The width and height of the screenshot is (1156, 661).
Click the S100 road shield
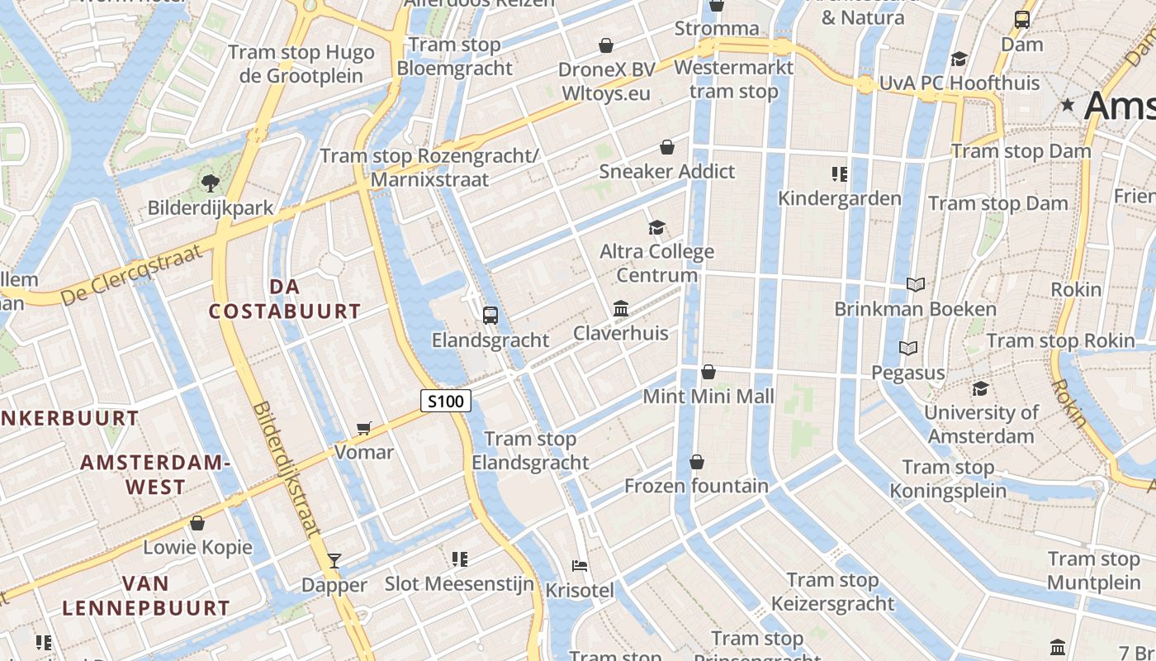click(446, 402)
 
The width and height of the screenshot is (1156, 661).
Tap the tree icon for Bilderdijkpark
click(210, 183)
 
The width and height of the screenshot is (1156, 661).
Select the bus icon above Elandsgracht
click(490, 315)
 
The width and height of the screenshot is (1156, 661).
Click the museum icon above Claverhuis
click(621, 309)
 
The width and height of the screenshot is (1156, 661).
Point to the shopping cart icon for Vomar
click(364, 428)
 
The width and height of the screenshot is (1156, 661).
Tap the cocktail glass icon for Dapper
click(334, 561)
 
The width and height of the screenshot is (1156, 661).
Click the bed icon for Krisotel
click(580, 566)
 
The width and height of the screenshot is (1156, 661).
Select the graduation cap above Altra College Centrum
click(656, 227)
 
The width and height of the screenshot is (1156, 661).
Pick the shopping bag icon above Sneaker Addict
click(666, 148)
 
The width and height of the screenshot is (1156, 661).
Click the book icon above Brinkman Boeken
click(915, 285)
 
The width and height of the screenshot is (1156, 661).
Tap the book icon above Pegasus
click(908, 349)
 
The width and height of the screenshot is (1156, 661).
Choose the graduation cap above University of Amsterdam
click(980, 388)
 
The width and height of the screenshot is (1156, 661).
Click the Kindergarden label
click(839, 198)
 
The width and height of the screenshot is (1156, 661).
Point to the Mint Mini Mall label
click(708, 397)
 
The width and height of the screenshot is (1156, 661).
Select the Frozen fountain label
click(696, 486)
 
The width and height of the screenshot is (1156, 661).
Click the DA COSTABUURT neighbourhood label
click(284, 299)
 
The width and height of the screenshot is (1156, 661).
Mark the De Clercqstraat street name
click(131, 276)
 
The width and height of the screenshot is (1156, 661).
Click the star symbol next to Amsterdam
click(1068, 105)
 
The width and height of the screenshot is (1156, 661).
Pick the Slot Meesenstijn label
click(459, 584)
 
